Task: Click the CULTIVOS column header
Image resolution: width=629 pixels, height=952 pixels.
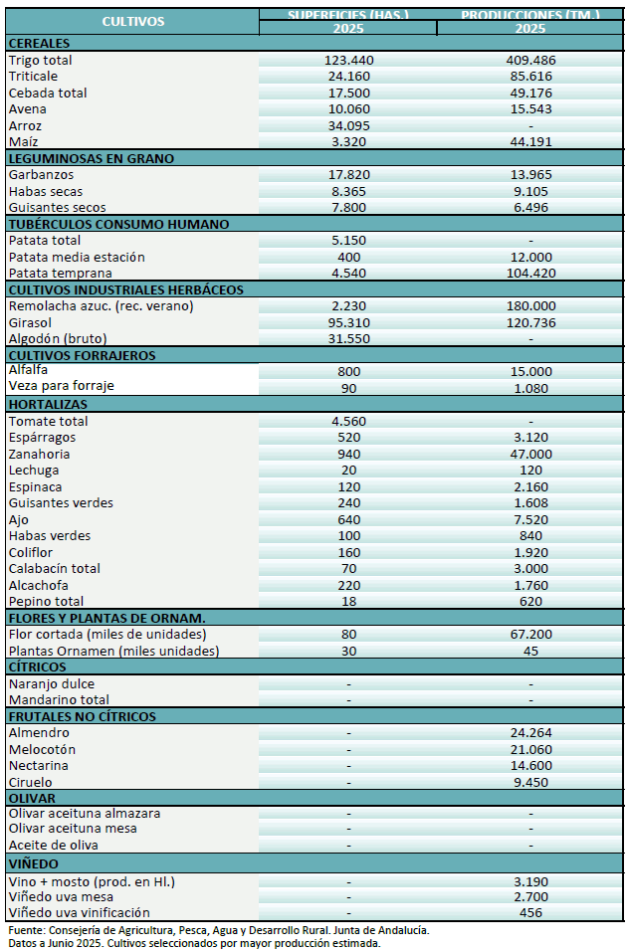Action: point(132,21)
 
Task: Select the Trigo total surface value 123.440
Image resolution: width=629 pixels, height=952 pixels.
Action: point(348,61)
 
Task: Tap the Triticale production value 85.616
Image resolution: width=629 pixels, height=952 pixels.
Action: point(530,77)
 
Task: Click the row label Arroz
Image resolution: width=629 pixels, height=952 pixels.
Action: point(26,126)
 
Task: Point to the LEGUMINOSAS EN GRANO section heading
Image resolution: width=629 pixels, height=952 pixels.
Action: point(91,158)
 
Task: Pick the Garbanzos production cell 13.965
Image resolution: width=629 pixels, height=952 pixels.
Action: point(530,175)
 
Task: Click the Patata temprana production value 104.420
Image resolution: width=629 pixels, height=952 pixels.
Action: point(530,274)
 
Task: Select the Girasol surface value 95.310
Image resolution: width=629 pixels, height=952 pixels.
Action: point(348,323)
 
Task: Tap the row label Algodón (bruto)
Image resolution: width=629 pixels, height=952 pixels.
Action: point(58,339)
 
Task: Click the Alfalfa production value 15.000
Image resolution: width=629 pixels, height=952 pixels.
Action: point(530,372)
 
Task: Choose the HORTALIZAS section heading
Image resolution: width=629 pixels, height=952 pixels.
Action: point(48,405)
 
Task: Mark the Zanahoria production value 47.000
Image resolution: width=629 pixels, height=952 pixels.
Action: point(530,455)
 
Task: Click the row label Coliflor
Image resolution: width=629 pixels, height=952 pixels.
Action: point(31,553)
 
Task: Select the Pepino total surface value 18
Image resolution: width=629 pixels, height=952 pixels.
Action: point(348,602)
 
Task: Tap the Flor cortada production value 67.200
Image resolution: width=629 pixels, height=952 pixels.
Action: point(530,635)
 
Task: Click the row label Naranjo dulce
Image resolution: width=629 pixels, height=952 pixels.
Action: point(51,684)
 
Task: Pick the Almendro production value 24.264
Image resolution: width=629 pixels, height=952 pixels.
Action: point(530,733)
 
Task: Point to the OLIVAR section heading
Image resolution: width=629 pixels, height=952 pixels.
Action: point(32,798)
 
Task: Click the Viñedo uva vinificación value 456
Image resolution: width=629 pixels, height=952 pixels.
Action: point(530,913)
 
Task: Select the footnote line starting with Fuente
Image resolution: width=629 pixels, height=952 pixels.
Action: point(219,930)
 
